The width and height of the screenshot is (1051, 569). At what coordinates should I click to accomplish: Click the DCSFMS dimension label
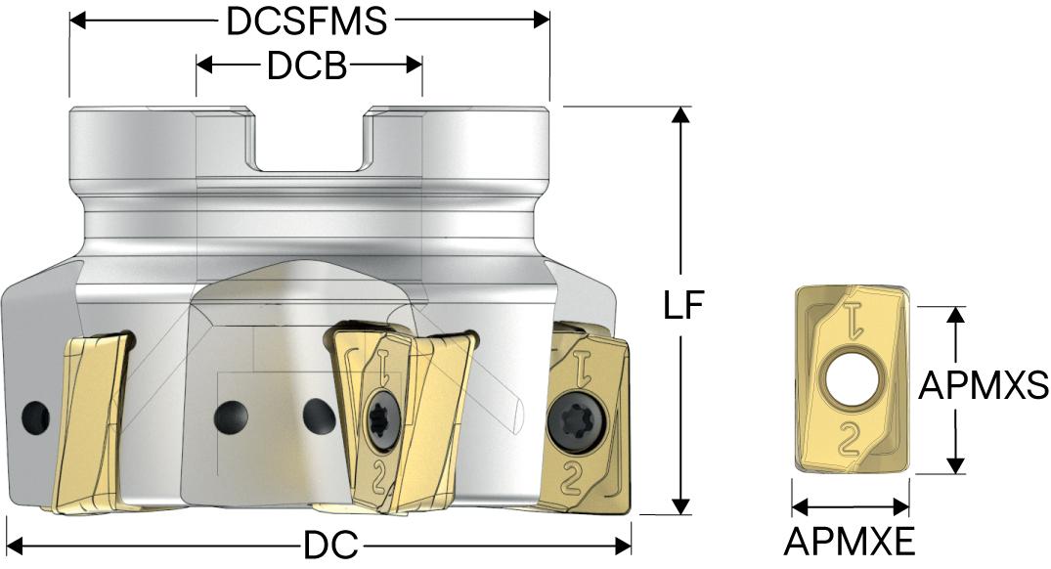(x=306, y=22)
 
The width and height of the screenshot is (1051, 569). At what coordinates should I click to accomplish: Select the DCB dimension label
(x=307, y=66)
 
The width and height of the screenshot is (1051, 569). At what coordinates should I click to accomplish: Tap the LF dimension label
(x=683, y=306)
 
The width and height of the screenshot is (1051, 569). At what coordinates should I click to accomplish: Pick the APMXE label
(x=850, y=542)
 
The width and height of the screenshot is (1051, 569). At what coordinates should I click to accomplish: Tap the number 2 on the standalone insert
(x=850, y=439)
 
